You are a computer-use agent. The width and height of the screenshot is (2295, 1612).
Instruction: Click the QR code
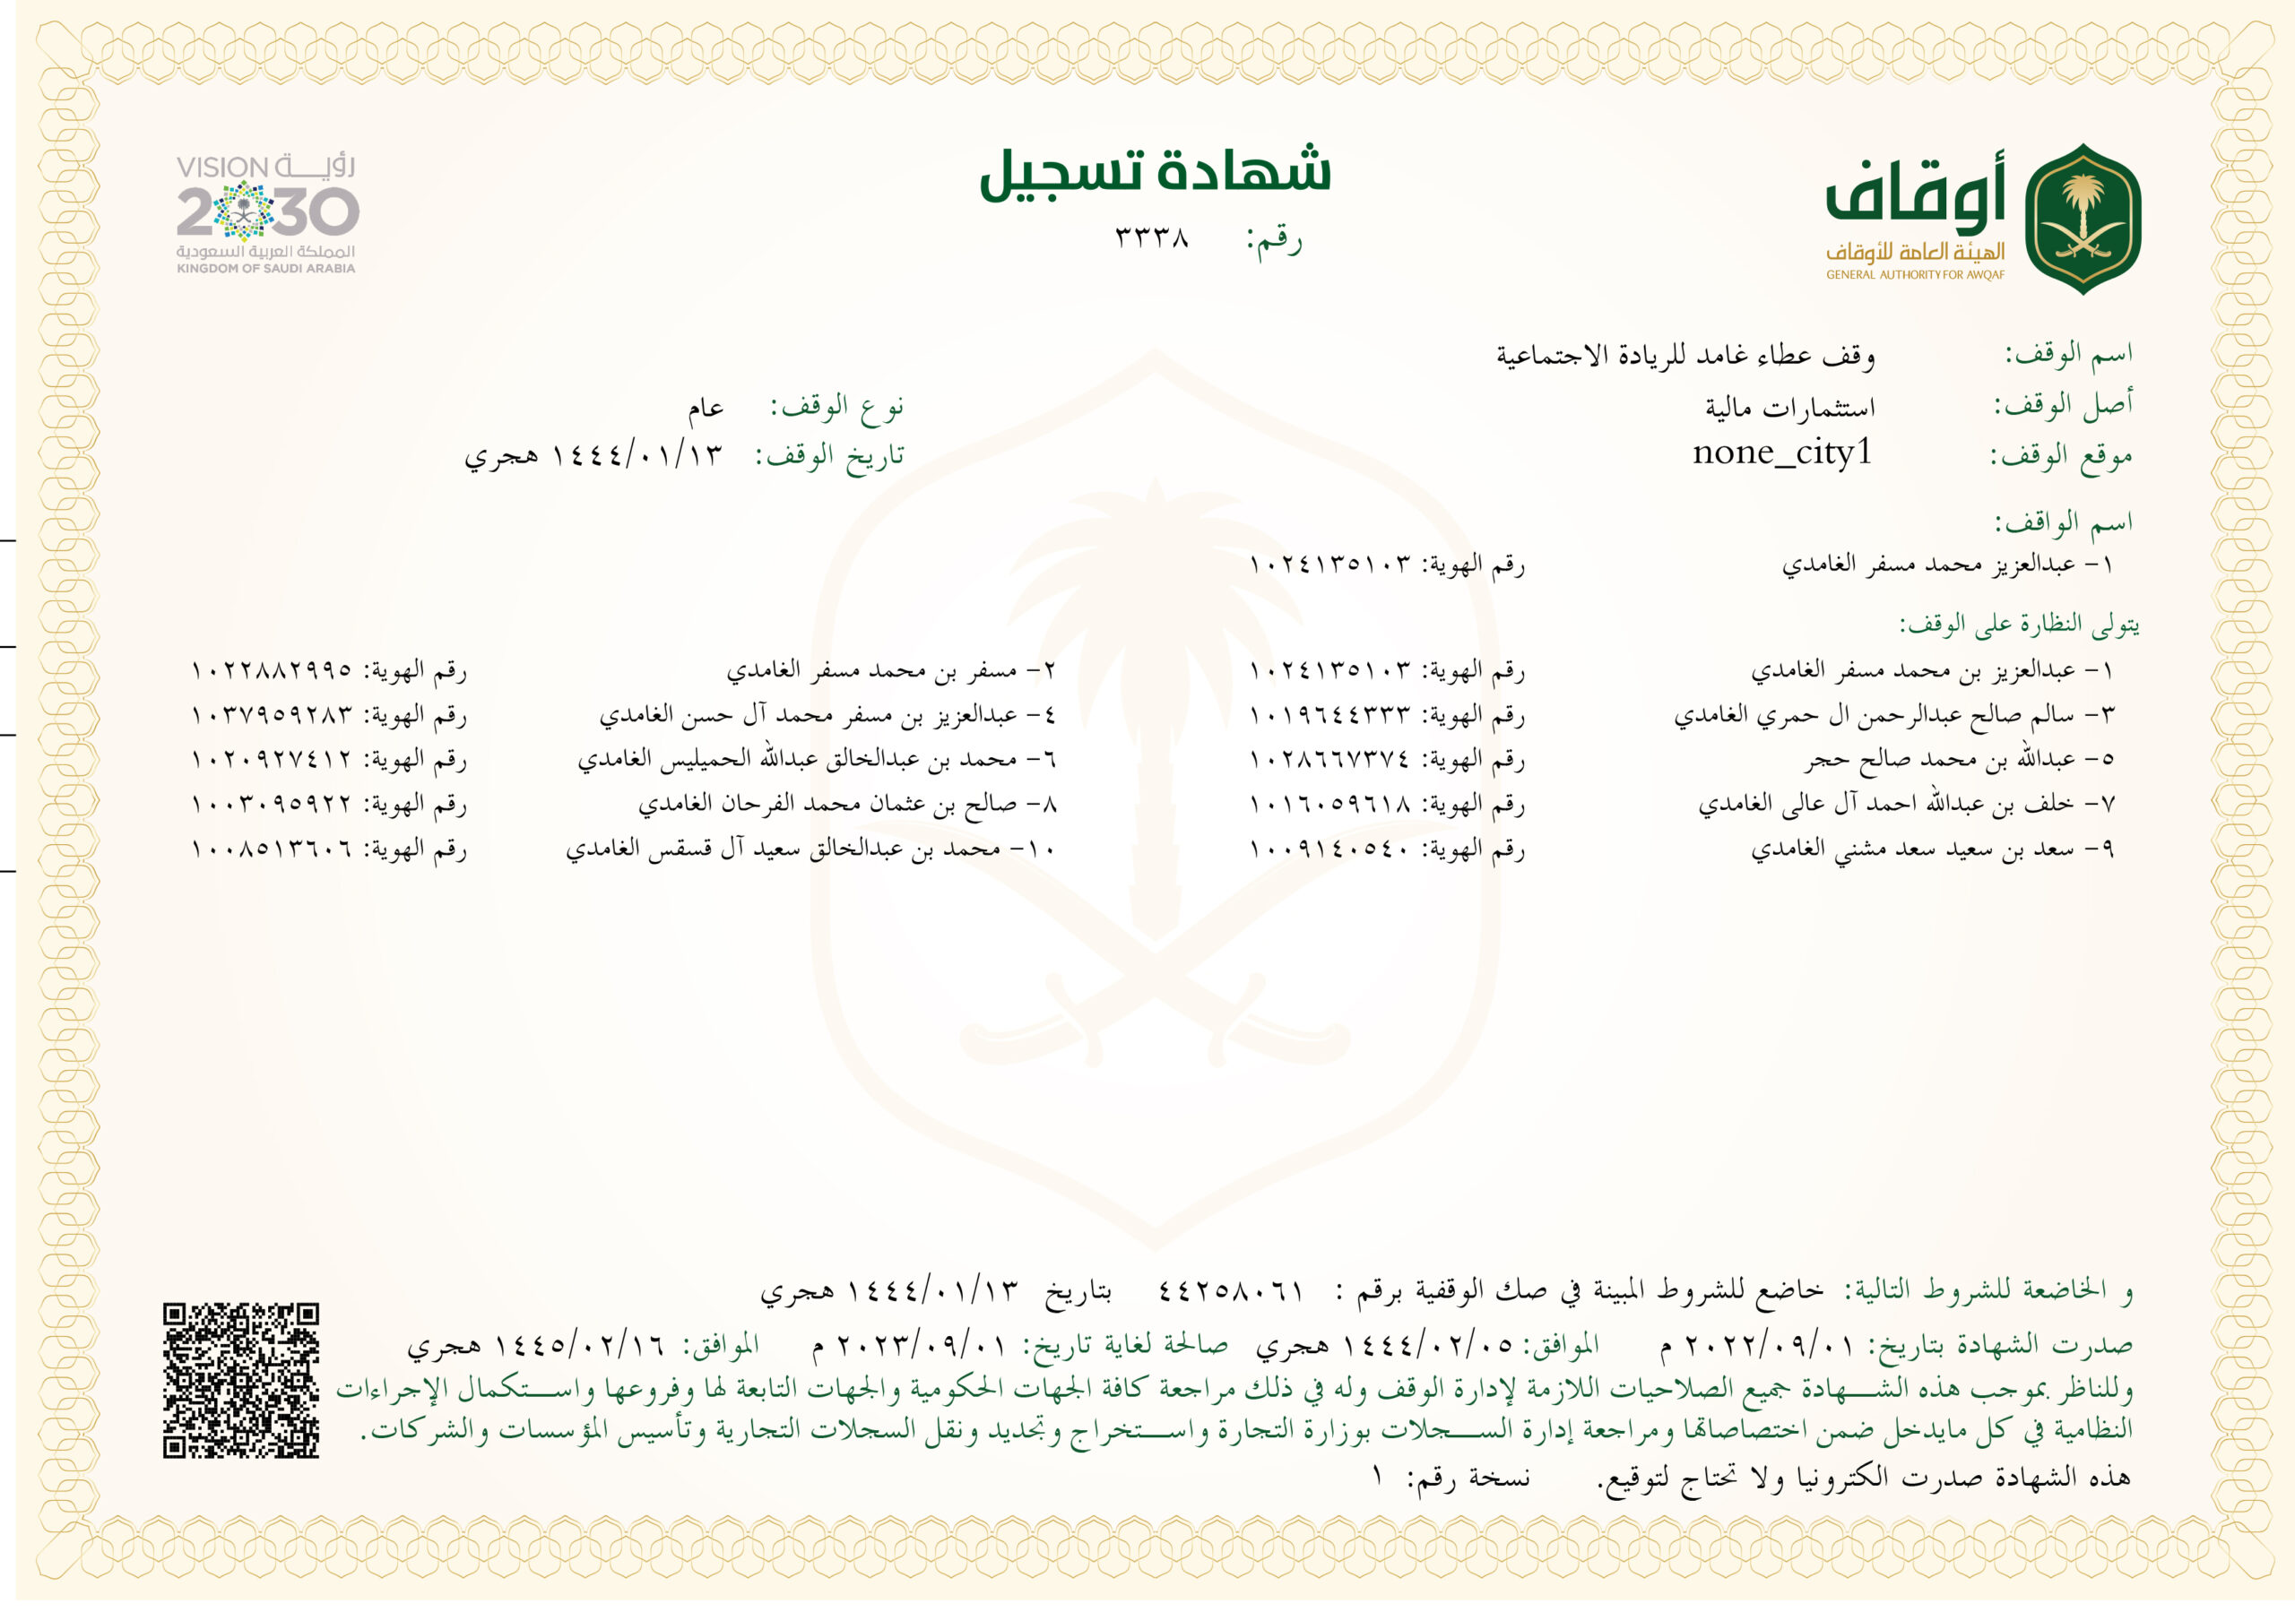click(241, 1380)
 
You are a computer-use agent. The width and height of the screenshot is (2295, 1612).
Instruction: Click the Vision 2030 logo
click(267, 214)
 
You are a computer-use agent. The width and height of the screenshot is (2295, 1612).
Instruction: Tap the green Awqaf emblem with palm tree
click(2083, 219)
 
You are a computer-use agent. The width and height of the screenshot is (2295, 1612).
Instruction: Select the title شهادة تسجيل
click(1155, 173)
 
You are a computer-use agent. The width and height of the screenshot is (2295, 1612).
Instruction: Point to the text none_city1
click(1781, 453)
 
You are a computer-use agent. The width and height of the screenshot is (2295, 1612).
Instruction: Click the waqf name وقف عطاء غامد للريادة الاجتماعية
click(1685, 355)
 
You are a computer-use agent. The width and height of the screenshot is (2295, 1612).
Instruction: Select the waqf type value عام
click(705, 408)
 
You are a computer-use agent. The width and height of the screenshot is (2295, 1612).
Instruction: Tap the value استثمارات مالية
click(1789, 408)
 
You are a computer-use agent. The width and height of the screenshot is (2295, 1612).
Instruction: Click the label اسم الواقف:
click(2063, 522)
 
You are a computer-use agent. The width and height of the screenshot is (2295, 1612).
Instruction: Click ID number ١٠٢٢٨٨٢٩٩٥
click(272, 669)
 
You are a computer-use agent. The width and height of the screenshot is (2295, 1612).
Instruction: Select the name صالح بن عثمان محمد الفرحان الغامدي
click(848, 805)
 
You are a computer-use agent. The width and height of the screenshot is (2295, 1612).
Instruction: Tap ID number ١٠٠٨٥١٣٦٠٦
click(272, 849)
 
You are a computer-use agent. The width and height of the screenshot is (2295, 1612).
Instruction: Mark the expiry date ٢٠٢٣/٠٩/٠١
click(921, 1346)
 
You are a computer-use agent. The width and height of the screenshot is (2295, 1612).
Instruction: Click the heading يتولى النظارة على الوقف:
click(2019, 625)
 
